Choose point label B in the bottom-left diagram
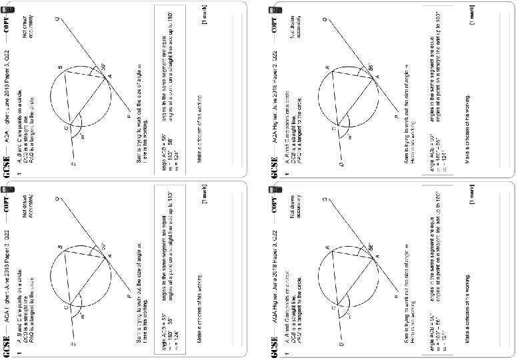click(60, 248)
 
